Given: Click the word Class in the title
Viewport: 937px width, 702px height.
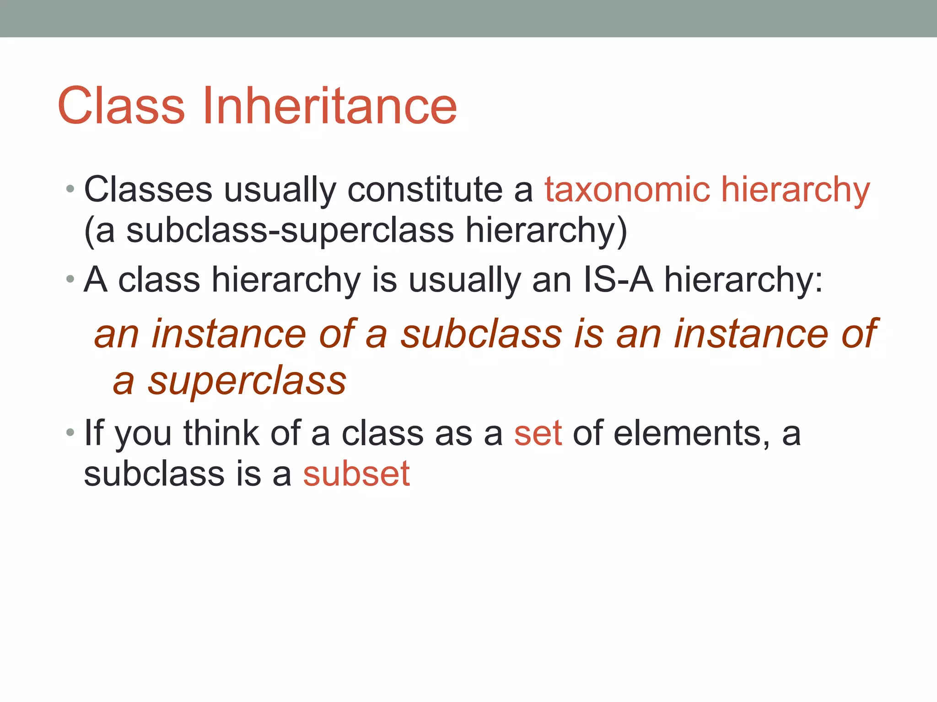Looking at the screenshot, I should coord(121,106).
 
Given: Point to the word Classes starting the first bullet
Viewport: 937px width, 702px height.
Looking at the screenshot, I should coord(148,190).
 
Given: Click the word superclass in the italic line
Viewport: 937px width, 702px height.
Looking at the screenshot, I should coord(247,381).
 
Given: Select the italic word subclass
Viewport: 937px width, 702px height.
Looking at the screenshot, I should coord(481,334).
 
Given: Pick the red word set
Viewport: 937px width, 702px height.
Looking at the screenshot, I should coord(538,433).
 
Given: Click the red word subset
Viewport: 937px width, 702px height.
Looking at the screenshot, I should coord(356,473).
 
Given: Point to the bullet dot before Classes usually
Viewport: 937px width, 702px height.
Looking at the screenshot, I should coord(70,189).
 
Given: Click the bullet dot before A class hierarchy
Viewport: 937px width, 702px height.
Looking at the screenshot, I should coord(70,279).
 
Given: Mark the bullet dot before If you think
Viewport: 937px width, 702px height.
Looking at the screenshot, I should coord(70,432).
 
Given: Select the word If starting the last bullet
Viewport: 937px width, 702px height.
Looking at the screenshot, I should coord(94,433).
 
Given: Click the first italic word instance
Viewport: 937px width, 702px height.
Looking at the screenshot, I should coord(229,334).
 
